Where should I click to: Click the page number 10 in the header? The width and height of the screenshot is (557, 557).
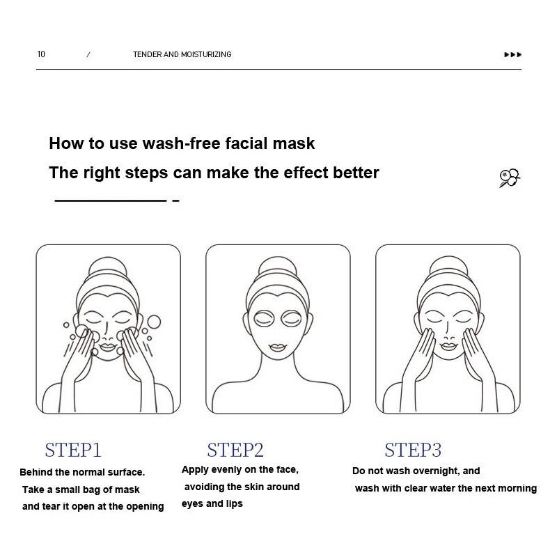[41, 54]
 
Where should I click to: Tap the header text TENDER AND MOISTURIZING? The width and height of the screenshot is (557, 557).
[182, 54]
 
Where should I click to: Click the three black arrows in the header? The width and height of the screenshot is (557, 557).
[512, 55]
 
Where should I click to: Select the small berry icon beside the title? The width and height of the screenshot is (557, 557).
[510, 178]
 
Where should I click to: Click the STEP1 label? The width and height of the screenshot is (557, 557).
[73, 450]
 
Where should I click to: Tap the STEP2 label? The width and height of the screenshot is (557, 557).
[235, 450]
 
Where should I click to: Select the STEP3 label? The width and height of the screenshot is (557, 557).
[413, 450]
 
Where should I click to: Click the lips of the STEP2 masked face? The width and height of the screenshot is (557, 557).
[278, 346]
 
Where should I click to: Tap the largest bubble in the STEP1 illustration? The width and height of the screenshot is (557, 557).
[153, 322]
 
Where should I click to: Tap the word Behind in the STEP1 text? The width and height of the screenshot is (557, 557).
[36, 473]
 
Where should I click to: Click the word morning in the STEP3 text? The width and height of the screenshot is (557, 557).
[517, 489]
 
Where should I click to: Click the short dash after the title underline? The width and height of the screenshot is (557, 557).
[175, 201]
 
